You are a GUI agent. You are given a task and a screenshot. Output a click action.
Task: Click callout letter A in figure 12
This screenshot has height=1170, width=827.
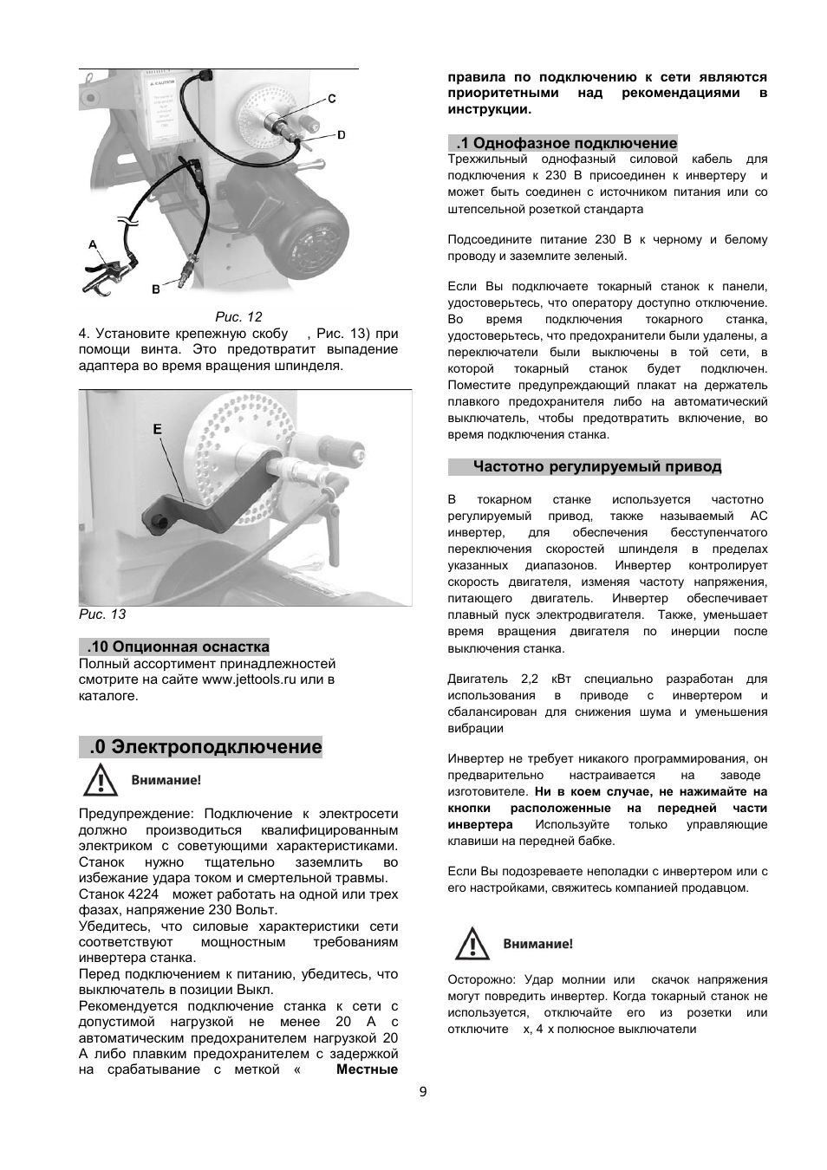pos(92,245)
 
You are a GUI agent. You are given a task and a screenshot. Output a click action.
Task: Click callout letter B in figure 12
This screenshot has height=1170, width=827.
pos(156,289)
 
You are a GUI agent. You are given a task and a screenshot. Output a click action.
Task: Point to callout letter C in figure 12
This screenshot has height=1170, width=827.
pos(331,99)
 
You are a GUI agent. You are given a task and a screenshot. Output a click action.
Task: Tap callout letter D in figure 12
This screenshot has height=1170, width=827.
pos(341,134)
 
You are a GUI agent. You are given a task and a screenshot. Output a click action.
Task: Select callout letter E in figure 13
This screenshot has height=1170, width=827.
pos(157,429)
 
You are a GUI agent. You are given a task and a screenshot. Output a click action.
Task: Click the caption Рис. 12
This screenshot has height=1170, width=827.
pos(238,317)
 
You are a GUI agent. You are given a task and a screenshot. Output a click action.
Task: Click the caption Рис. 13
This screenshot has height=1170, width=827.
pos(102,614)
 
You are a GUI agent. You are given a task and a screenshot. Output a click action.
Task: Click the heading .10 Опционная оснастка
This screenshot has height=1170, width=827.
pos(178,647)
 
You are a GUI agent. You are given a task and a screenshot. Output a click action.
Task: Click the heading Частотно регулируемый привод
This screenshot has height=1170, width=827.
pos(596,466)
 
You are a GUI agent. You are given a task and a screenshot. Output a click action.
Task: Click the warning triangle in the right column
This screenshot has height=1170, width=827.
pos(472,944)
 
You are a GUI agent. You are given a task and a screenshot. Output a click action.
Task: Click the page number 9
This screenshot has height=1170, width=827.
pos(423,1092)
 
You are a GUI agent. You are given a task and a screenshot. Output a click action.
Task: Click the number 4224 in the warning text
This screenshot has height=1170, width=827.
pos(144,894)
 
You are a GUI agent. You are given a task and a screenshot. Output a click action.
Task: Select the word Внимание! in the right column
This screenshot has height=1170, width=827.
pos(537,945)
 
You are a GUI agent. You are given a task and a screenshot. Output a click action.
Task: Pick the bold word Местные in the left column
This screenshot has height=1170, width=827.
pos(367,1069)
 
